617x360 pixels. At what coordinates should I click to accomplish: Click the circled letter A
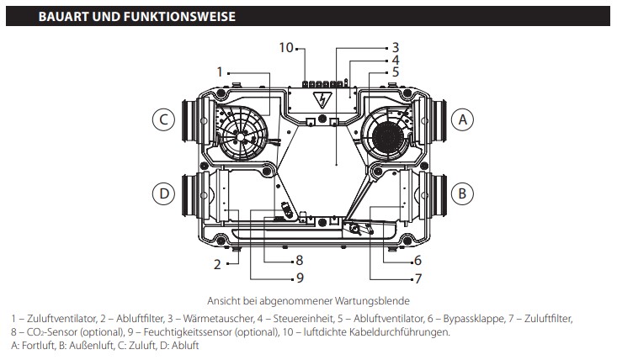(460, 120)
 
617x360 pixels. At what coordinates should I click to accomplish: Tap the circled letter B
(460, 193)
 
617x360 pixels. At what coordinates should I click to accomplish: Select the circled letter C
(163, 120)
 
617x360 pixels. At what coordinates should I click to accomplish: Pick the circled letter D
(163, 193)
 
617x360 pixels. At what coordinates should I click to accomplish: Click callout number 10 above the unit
(286, 47)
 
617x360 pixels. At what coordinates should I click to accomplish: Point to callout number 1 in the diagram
(221, 71)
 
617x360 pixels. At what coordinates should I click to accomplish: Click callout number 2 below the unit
(217, 264)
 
